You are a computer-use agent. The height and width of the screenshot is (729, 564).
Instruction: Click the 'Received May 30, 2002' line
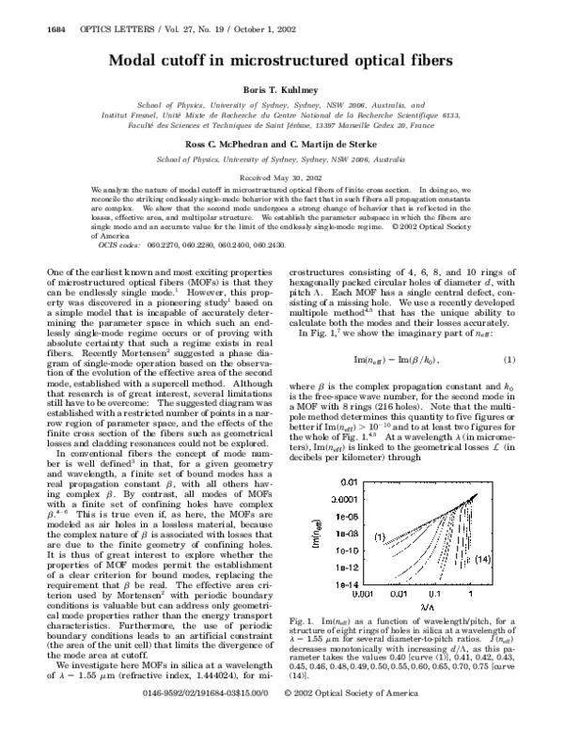point(282,176)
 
